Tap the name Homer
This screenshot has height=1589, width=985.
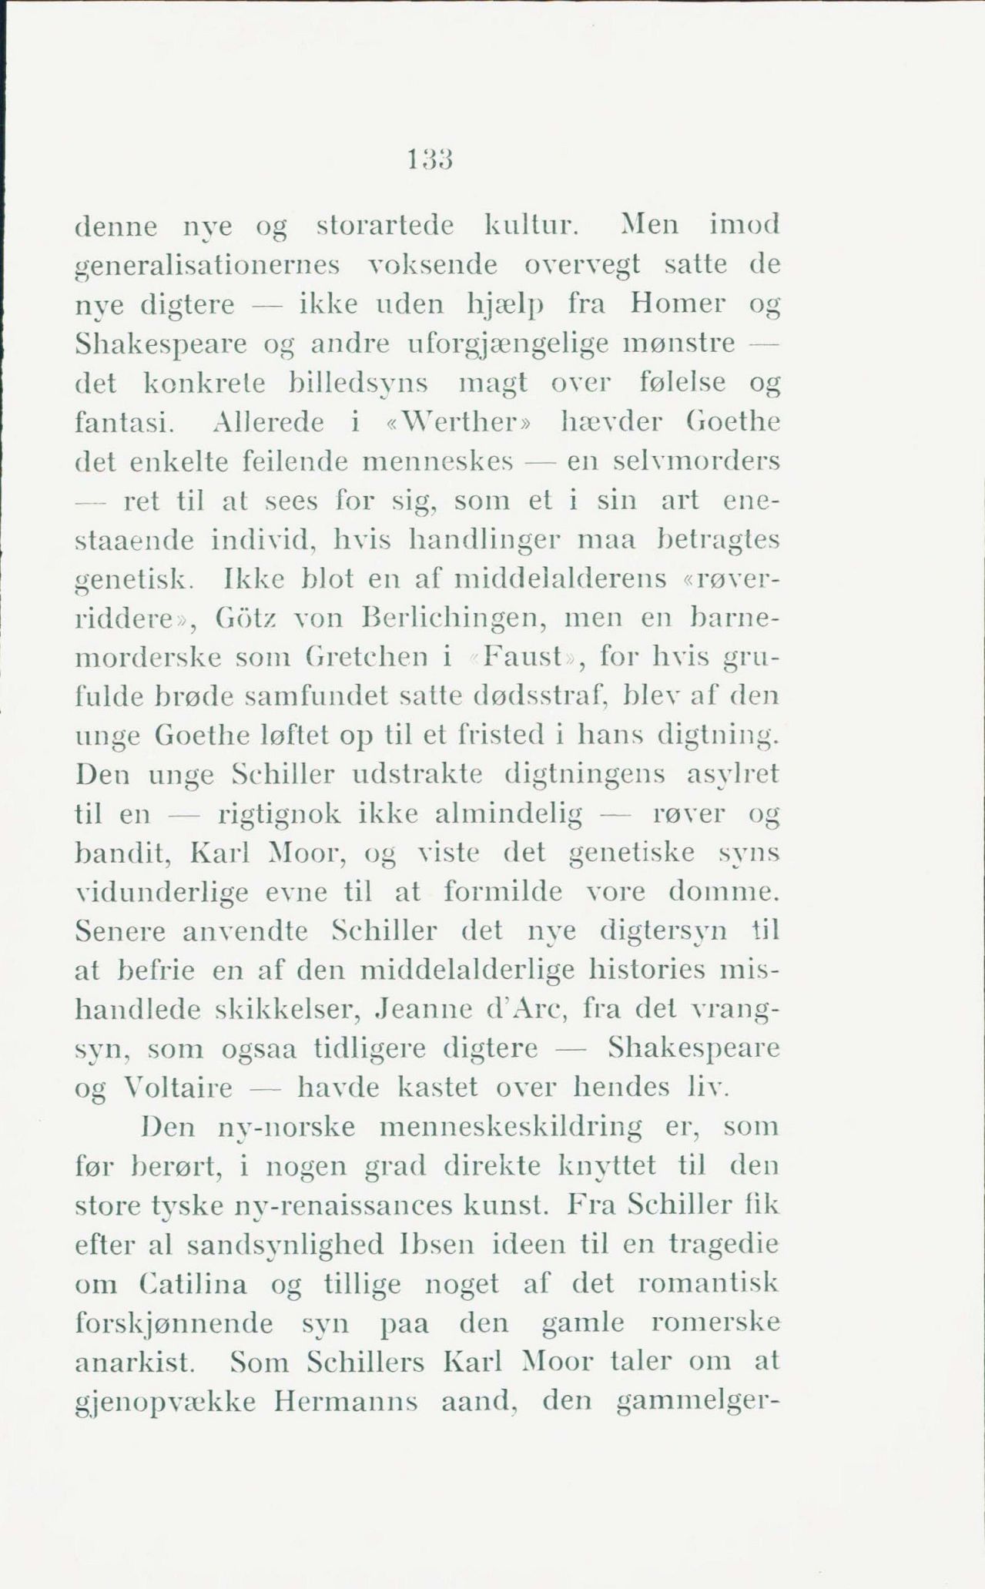677,304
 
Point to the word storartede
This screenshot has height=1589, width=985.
385,226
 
